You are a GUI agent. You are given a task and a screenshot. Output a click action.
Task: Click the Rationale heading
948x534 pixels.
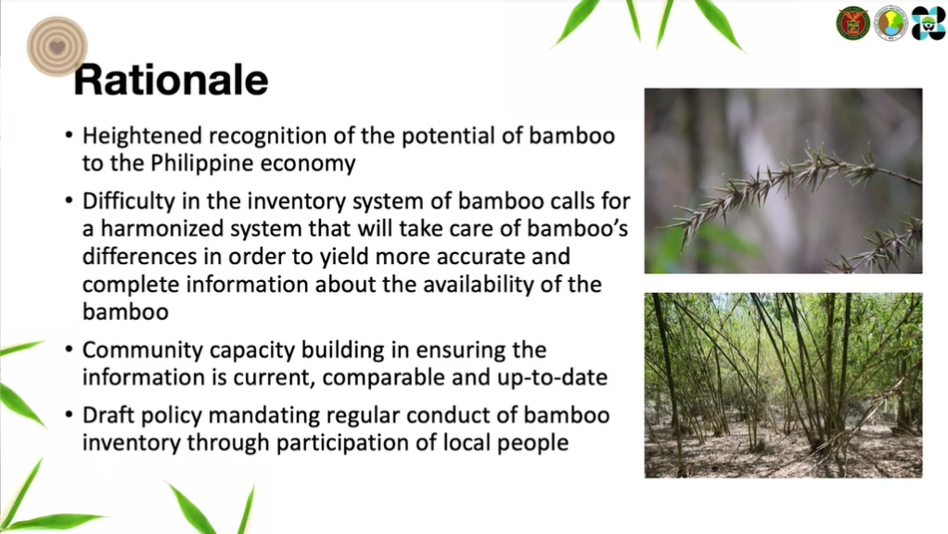(x=171, y=80)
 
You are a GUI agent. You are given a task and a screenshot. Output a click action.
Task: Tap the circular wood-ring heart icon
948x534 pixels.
(x=58, y=46)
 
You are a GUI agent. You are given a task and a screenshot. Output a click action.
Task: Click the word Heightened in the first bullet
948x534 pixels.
(x=142, y=136)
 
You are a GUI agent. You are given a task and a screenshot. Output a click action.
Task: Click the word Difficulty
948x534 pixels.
(x=129, y=201)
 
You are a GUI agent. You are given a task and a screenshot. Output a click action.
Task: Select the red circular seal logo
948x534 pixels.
(x=853, y=23)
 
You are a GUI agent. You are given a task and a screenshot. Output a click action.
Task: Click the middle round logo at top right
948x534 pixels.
(x=891, y=23)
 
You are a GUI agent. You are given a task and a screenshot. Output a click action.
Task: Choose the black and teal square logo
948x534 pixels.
(x=928, y=23)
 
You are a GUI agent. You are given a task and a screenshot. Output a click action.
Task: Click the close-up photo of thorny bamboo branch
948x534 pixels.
(x=784, y=181)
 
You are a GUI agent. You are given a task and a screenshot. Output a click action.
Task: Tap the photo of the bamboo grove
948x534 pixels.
(x=784, y=386)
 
